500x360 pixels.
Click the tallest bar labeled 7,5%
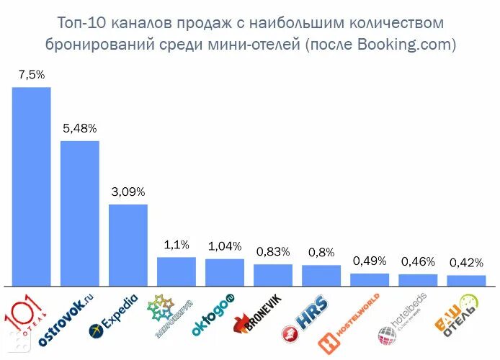[31, 186]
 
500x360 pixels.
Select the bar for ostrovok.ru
[79, 213]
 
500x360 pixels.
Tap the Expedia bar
[128, 245]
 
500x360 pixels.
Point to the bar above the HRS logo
[321, 276]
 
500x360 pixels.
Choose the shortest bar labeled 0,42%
[466, 281]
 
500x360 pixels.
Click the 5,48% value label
[79, 128]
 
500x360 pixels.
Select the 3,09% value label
[128, 192]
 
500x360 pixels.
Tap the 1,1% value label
[177, 245]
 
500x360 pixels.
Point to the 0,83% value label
[273, 251]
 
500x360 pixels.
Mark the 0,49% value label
[370, 261]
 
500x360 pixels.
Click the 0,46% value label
[418, 261]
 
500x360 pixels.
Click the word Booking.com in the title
[410, 45]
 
